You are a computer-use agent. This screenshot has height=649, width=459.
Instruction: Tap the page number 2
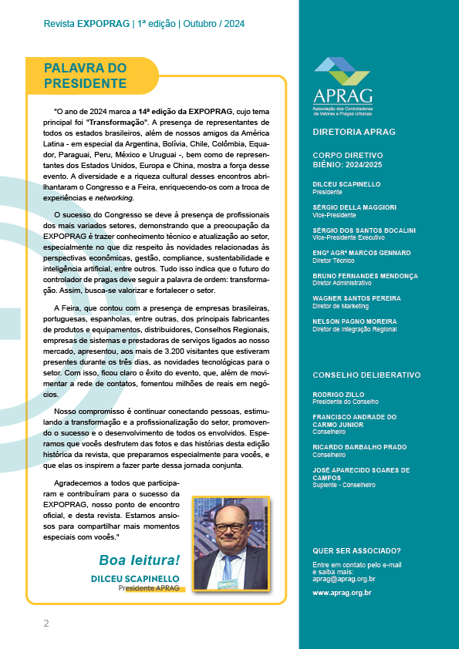click(46, 623)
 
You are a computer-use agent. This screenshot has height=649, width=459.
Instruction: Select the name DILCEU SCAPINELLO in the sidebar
click(346, 184)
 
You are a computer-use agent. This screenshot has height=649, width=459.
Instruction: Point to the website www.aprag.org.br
click(342, 593)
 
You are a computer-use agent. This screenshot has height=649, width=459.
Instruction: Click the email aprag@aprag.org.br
click(343, 578)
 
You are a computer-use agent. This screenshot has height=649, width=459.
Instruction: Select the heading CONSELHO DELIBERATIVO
click(366, 375)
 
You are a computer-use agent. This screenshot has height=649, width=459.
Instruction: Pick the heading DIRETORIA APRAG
click(354, 132)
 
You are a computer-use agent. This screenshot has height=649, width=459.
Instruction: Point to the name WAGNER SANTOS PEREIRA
click(356, 298)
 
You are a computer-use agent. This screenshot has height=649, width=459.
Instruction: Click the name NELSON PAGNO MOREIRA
click(355, 321)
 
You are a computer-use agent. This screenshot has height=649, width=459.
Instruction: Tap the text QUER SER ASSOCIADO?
click(356, 550)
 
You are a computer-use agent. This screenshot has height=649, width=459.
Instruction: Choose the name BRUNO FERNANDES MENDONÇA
click(366, 274)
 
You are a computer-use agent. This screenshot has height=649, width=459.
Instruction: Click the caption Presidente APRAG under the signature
click(148, 587)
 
